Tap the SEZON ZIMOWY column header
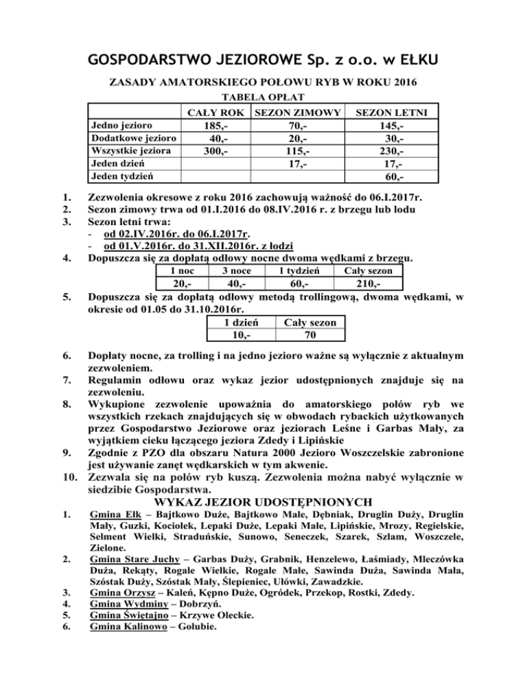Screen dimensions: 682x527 click(296, 112)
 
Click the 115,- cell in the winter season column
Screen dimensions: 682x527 click(297, 152)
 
